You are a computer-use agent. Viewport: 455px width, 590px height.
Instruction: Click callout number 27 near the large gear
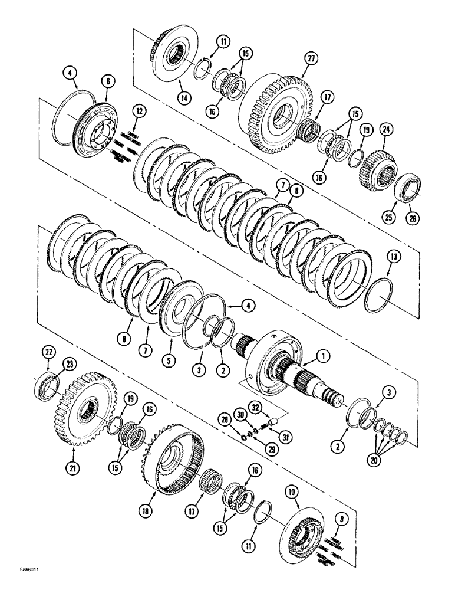click(311, 58)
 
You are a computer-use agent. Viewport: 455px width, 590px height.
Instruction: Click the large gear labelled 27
click(277, 112)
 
